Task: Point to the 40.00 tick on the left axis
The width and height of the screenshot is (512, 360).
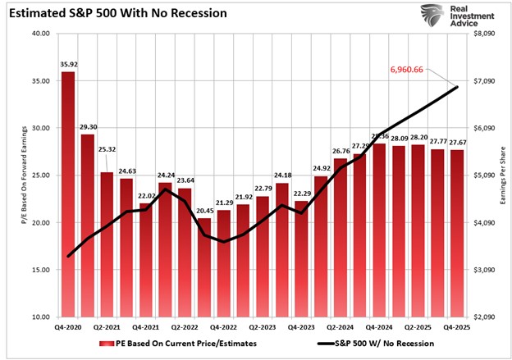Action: coord(40,34)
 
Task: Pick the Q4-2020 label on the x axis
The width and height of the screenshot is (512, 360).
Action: coord(69,326)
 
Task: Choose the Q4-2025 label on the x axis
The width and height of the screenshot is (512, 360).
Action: coord(456,326)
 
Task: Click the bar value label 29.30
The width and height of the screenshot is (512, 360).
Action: coord(88,127)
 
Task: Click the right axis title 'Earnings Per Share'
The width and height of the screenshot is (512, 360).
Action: coord(501,175)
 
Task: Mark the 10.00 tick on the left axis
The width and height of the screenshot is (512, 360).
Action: coord(40,317)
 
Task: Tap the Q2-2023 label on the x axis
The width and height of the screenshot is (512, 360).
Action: coord(263,326)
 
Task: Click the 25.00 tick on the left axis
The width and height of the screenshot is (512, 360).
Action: coord(40,175)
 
